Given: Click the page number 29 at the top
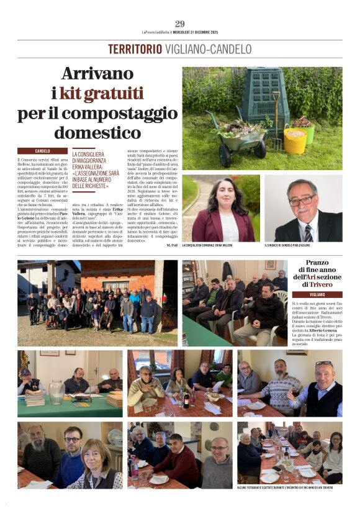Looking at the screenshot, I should pyautogui.click(x=179, y=24).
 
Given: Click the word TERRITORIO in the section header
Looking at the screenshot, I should pyautogui.click(x=135, y=49).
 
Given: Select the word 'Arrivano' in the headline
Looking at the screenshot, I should pyautogui.click(x=98, y=74).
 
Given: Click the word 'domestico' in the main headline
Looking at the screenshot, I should pyautogui.click(x=98, y=133).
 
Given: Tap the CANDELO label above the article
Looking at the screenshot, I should pyautogui.click(x=43, y=151).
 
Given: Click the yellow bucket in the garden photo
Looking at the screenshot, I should pyautogui.click(x=294, y=140).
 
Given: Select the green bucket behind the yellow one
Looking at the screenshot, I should pyautogui.click(x=305, y=130).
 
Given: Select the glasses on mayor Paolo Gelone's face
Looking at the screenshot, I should pyautogui.click(x=302, y=201).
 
